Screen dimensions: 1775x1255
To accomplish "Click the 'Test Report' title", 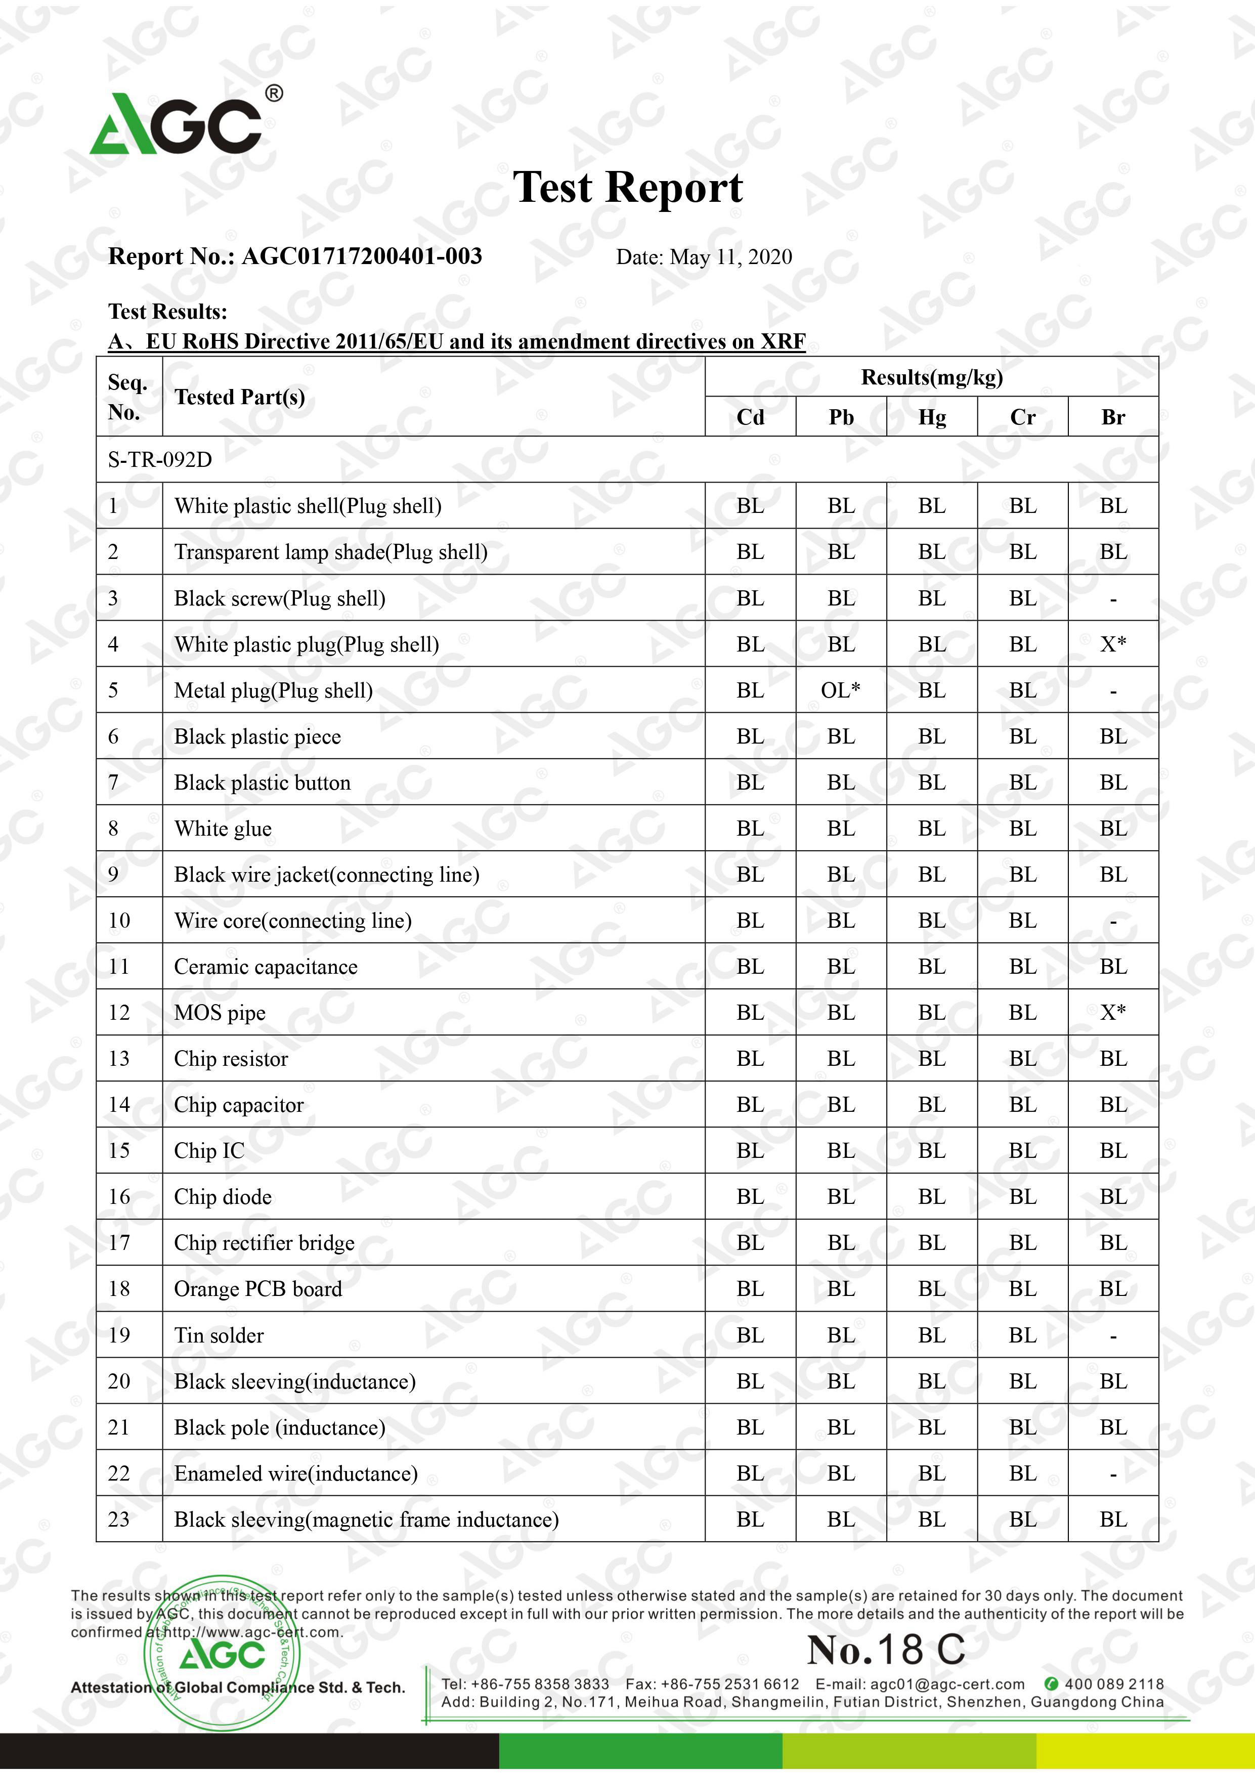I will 627,188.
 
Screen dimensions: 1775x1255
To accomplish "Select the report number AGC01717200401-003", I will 361,256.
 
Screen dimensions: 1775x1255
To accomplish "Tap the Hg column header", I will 932,417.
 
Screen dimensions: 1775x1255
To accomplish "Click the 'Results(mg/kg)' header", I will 932,377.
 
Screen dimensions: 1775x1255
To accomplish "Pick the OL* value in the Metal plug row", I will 841,689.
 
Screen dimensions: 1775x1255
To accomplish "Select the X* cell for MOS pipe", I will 1113,1012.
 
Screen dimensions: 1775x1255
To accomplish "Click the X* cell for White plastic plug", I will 1113,644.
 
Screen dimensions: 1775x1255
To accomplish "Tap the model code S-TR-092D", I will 160,460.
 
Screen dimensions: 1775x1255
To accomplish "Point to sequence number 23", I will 119,1519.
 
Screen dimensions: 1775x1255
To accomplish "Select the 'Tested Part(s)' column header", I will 240,398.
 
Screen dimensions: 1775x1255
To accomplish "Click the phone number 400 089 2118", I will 1113,1684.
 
